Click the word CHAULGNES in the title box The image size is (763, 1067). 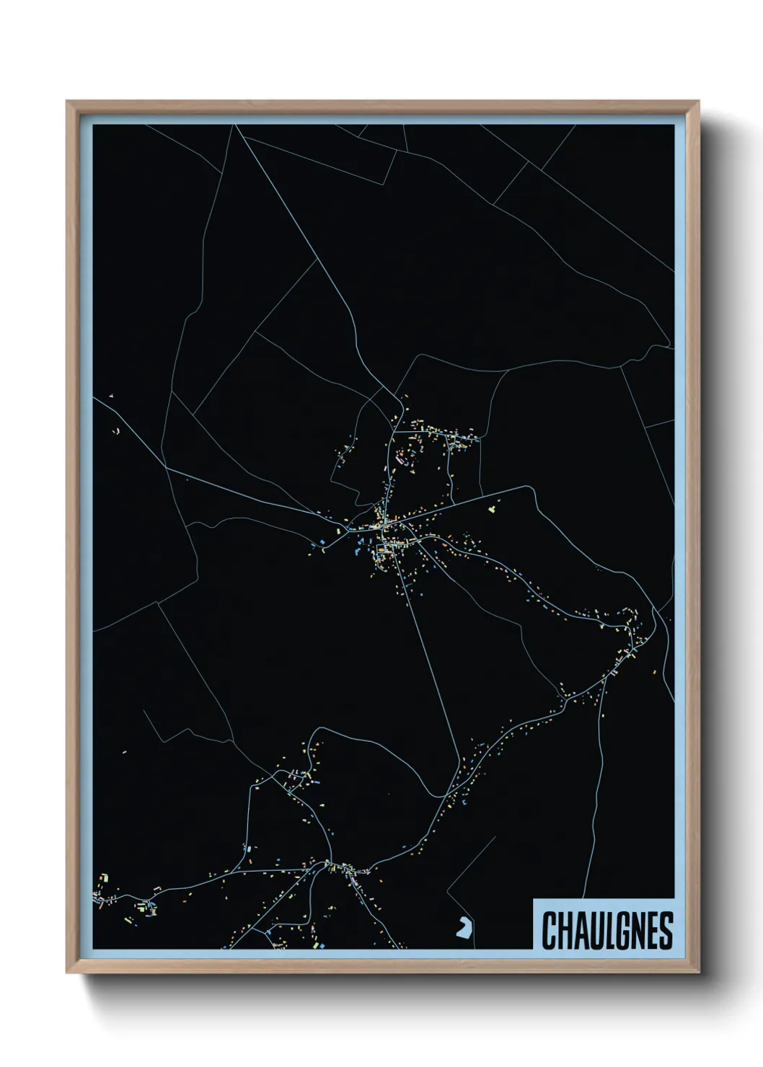pos(607,931)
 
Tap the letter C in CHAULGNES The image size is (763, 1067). pos(548,931)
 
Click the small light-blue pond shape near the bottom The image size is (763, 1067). pos(462,928)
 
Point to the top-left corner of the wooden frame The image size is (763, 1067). pos(67,102)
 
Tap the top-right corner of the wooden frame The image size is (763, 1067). pos(699,102)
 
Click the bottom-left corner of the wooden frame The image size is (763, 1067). pos(67,974)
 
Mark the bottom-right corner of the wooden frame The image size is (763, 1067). pos(699,974)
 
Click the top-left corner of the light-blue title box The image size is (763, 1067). pos(533,899)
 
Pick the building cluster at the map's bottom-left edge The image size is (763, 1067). pos(108,894)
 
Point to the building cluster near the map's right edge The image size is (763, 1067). pos(629,634)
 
